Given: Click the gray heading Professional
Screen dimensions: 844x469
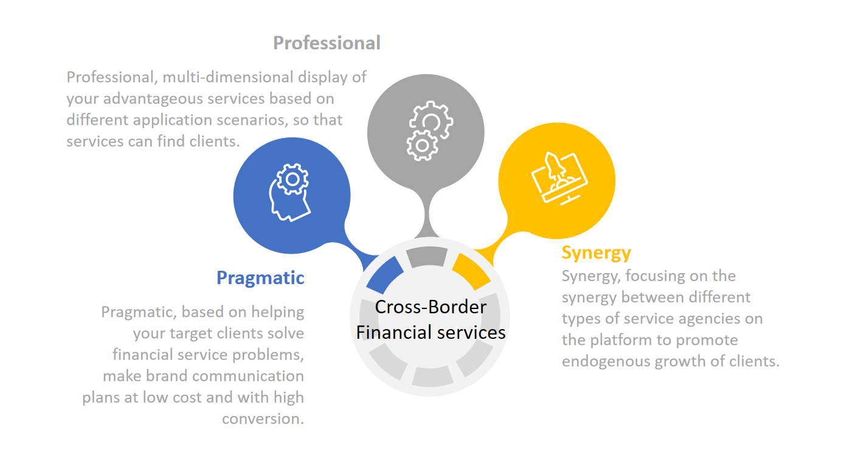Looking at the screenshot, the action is click(x=327, y=43).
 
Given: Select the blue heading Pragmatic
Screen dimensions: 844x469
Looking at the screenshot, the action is click(x=260, y=279).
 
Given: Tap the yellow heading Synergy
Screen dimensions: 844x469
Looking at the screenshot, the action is click(x=596, y=254).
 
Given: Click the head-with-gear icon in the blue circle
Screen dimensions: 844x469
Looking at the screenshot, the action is click(x=290, y=192).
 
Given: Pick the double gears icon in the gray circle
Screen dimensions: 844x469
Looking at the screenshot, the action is click(x=429, y=131).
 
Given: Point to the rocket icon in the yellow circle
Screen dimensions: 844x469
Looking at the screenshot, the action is click(x=559, y=178).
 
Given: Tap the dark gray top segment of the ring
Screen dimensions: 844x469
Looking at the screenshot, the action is click(x=427, y=257).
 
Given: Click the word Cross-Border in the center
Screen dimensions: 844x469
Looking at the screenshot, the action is click(x=431, y=307).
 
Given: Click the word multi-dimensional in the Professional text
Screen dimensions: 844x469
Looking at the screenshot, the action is click(x=228, y=78).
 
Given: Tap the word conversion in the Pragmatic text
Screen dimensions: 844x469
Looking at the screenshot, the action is click(x=263, y=419).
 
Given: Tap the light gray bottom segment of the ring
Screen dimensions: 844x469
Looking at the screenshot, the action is click(x=432, y=377).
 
